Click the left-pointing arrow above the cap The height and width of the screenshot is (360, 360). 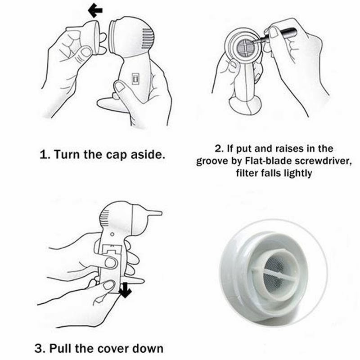(x=95, y=10)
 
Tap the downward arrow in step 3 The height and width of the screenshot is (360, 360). (x=125, y=290)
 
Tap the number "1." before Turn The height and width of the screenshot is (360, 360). (x=45, y=154)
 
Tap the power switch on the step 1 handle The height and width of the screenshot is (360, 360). (x=135, y=78)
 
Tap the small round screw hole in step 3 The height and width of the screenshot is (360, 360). (x=112, y=234)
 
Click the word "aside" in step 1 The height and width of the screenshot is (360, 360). (x=148, y=154)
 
